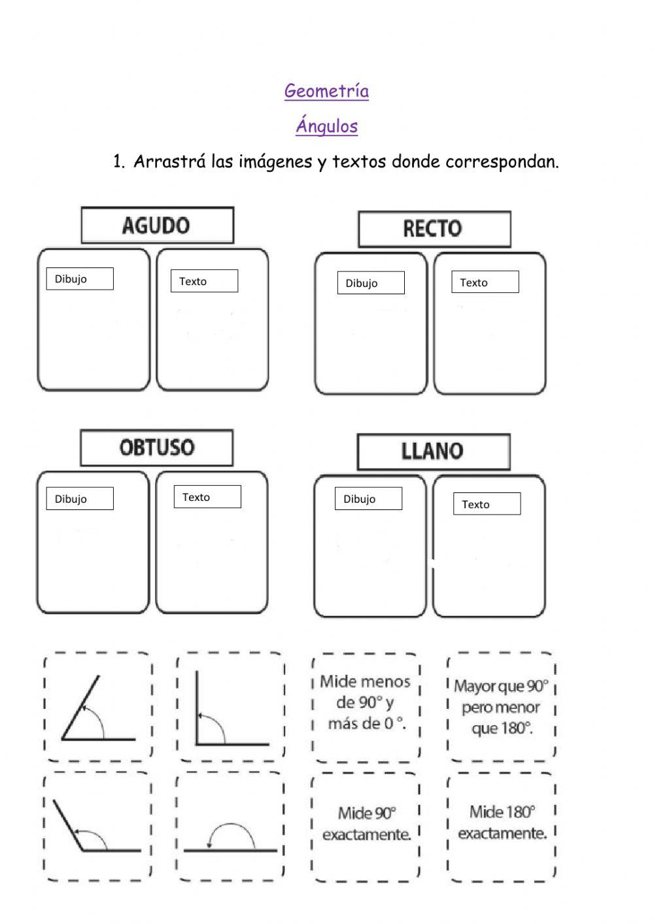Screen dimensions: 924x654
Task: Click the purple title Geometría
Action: click(x=326, y=91)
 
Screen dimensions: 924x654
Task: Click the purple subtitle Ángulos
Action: click(x=326, y=126)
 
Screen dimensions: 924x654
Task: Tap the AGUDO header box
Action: click(x=157, y=226)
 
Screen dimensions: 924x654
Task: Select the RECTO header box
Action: click(x=434, y=229)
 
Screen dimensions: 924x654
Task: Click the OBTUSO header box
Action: click(x=156, y=448)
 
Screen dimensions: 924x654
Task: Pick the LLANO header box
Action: click(x=433, y=451)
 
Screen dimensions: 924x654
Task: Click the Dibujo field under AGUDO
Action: click(x=80, y=279)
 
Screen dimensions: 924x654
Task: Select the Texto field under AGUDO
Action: click(x=204, y=281)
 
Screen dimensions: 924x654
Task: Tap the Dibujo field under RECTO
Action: click(x=371, y=283)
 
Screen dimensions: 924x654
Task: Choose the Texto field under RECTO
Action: click(x=485, y=282)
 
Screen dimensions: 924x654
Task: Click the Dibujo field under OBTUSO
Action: click(x=80, y=499)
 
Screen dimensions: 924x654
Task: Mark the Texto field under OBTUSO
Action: click(x=207, y=497)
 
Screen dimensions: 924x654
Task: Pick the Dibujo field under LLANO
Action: click(x=368, y=499)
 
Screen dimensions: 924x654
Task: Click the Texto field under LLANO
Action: click(x=487, y=504)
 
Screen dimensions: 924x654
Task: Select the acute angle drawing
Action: click(x=98, y=708)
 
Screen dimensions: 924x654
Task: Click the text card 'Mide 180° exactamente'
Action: click(x=502, y=823)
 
